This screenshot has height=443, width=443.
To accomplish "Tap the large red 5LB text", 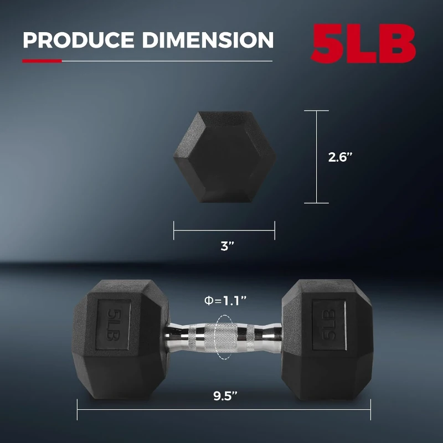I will (363, 43).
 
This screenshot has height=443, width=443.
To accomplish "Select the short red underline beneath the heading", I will (42, 61).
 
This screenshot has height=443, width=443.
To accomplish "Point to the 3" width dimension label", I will (224, 247).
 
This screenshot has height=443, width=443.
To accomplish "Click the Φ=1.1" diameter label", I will (224, 301).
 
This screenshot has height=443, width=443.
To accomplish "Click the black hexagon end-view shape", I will (224, 157).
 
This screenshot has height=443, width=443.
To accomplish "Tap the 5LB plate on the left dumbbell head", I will (114, 325).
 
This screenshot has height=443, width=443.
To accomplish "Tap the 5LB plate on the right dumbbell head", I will (329, 325).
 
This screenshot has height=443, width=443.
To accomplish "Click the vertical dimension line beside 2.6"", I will (317, 157).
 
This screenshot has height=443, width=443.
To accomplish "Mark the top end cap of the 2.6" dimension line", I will (317, 111).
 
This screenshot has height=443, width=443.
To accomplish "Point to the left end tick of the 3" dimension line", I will (174, 230).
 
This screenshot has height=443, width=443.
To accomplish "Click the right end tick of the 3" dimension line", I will (275, 230).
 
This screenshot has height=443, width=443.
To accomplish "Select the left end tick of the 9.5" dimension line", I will (77, 410).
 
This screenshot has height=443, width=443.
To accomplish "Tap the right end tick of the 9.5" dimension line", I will (370, 410).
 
